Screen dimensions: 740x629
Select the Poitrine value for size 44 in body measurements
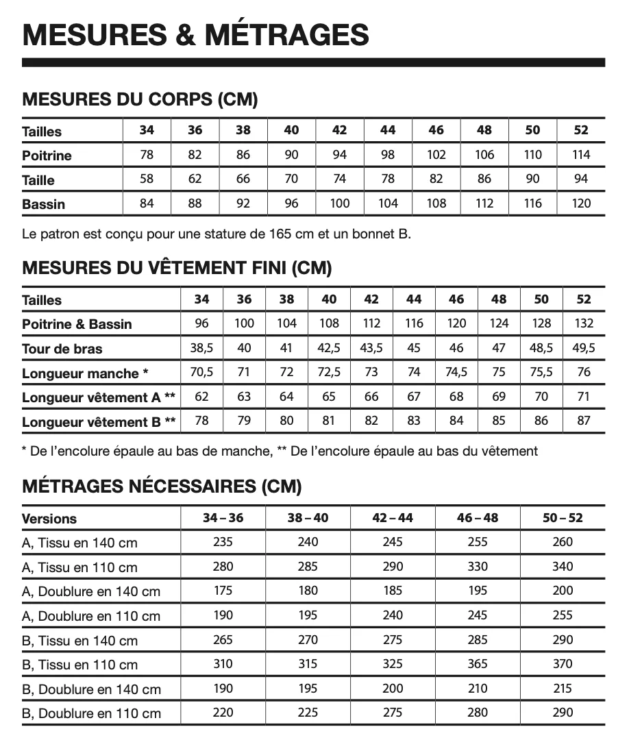388,155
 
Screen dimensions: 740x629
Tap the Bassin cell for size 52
581,203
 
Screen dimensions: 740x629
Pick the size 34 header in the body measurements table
147,130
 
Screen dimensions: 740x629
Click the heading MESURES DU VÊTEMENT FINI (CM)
177,268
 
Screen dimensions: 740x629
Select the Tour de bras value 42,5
329,348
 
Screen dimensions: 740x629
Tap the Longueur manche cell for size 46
456,372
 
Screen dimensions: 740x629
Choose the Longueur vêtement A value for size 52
583,397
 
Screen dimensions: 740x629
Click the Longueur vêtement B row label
99,422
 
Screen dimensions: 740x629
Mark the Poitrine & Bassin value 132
583,323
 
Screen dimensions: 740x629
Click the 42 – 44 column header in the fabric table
393,518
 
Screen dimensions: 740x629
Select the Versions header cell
49,519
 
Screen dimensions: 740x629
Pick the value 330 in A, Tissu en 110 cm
477,567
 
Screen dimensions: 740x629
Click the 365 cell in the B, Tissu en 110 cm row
477,664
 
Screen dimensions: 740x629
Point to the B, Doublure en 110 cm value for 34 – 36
223,713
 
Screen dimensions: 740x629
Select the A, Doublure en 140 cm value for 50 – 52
563,591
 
